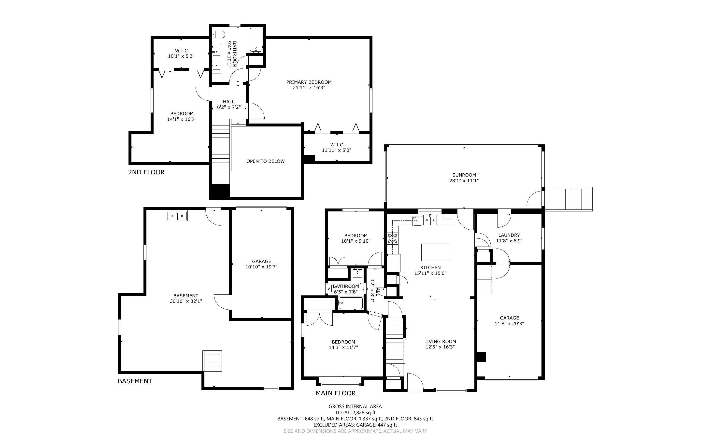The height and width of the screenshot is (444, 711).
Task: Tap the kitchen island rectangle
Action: click(436, 252)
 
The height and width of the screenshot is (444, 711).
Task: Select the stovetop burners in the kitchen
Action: click(392, 238)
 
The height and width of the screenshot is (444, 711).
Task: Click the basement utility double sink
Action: click(177, 216)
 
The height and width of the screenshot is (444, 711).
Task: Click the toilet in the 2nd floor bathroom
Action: click(218, 35)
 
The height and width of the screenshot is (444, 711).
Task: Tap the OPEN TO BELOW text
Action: click(266, 161)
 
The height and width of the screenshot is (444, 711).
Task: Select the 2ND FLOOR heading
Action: click(146, 172)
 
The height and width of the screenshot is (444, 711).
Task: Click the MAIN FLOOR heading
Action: click(336, 393)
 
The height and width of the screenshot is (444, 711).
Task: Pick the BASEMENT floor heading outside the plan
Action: click(135, 381)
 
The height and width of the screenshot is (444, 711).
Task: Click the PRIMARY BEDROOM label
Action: click(309, 82)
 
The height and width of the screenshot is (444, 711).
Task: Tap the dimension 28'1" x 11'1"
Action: click(464, 180)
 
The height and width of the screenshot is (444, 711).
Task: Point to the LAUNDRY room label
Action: click(509, 235)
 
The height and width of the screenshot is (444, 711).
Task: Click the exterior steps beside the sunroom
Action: click(568, 199)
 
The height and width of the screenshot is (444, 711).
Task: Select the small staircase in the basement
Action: click(212, 361)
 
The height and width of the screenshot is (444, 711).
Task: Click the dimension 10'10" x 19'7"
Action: click(261, 267)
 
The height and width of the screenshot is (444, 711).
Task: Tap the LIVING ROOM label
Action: click(440, 342)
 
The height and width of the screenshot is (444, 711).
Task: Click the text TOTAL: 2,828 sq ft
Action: click(355, 413)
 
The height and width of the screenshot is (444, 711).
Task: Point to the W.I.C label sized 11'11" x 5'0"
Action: click(337, 145)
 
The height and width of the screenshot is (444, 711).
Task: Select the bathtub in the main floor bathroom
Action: click(350, 303)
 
